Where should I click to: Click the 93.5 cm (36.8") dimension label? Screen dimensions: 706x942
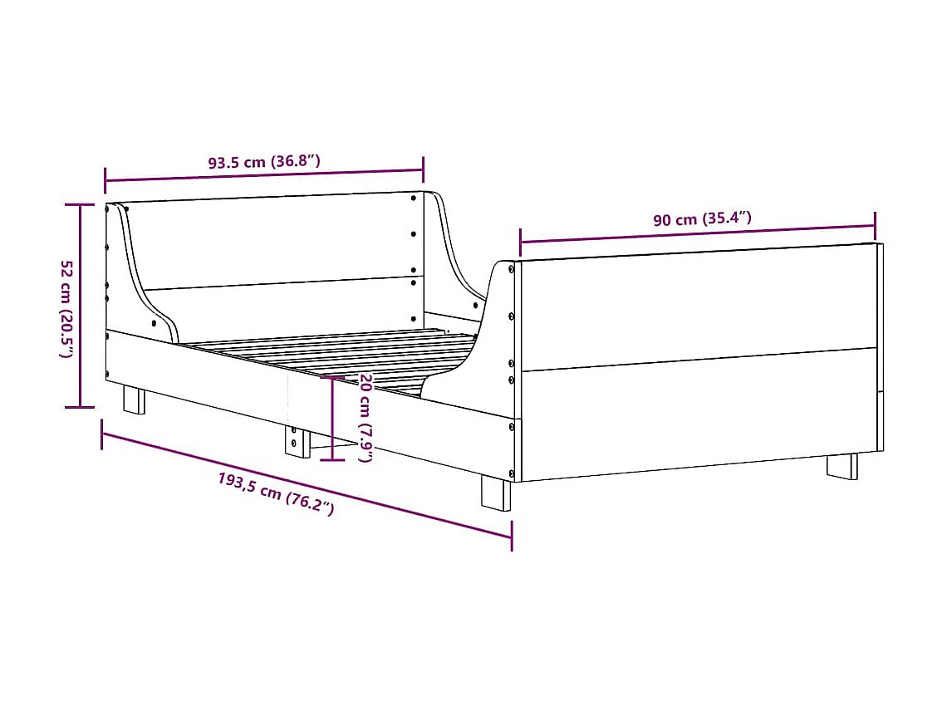point(263,162)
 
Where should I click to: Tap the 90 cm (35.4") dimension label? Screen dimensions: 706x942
point(702,220)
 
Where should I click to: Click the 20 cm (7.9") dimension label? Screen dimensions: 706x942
point(365,418)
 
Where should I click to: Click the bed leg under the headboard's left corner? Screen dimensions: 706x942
point(134,399)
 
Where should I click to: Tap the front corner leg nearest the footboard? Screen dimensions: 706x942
point(497,493)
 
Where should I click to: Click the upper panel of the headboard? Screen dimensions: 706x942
point(274,241)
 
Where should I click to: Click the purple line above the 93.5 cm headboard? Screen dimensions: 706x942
point(263,175)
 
